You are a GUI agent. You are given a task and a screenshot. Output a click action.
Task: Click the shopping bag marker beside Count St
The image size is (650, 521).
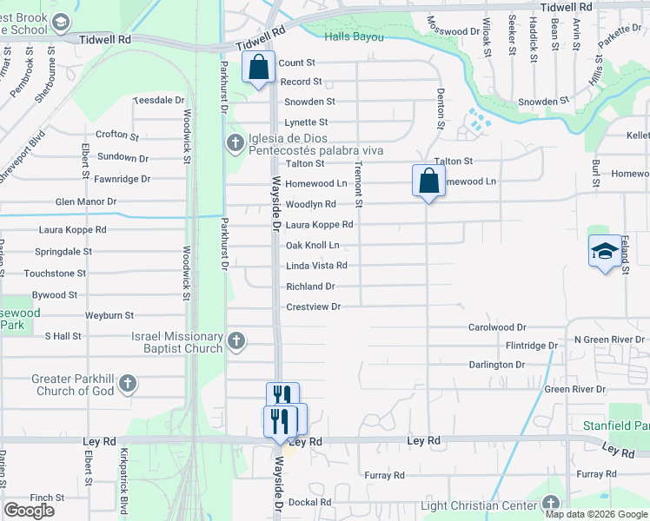click(259, 67)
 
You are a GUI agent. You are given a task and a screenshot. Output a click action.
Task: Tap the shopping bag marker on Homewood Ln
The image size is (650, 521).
click(428, 181)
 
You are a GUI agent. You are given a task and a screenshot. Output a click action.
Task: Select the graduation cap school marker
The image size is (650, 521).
click(605, 252)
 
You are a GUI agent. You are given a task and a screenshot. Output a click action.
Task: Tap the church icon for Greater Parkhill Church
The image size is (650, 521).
click(128, 383)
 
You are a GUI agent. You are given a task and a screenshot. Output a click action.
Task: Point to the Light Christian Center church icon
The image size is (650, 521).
click(550, 505)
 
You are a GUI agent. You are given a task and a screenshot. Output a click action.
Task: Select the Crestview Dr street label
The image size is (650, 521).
click(314, 307)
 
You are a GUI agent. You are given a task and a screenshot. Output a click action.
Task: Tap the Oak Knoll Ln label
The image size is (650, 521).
click(313, 245)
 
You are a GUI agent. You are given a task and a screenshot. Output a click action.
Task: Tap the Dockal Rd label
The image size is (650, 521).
click(311, 502)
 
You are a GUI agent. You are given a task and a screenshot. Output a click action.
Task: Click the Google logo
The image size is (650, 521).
click(30, 511)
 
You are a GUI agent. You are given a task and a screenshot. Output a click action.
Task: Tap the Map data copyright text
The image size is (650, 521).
click(596, 514)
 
